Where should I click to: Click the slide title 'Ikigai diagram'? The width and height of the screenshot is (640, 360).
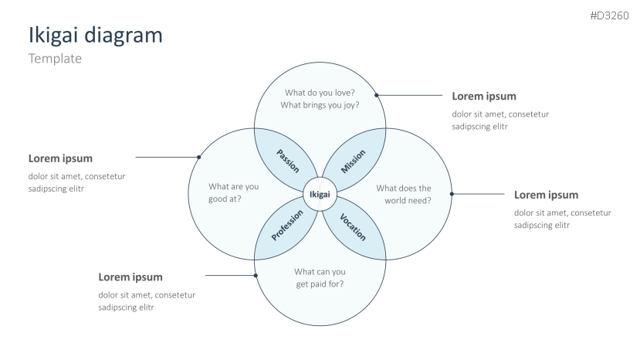95,35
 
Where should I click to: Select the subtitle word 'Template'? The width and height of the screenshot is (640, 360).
55,59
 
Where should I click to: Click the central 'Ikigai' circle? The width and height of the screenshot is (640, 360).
320,195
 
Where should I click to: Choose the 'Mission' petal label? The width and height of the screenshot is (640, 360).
353,160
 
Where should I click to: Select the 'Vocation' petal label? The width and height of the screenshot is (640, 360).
352,226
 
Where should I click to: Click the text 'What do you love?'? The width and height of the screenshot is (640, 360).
320,93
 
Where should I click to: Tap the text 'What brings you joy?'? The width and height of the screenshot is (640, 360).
320,105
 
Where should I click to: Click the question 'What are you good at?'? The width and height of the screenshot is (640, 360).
233,193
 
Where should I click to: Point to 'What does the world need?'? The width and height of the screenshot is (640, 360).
404,194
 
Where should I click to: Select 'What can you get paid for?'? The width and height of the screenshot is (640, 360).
320,277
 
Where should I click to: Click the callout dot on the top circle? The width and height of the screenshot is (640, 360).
377,96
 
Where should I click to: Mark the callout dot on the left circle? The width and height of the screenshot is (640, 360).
199,157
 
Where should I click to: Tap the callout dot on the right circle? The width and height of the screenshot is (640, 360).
452,194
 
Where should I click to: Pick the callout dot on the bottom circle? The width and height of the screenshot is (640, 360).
256,275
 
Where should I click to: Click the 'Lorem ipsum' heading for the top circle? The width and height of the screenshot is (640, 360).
483,97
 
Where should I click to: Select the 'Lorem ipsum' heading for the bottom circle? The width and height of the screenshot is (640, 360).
130,277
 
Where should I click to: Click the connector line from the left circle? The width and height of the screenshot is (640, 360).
167,157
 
